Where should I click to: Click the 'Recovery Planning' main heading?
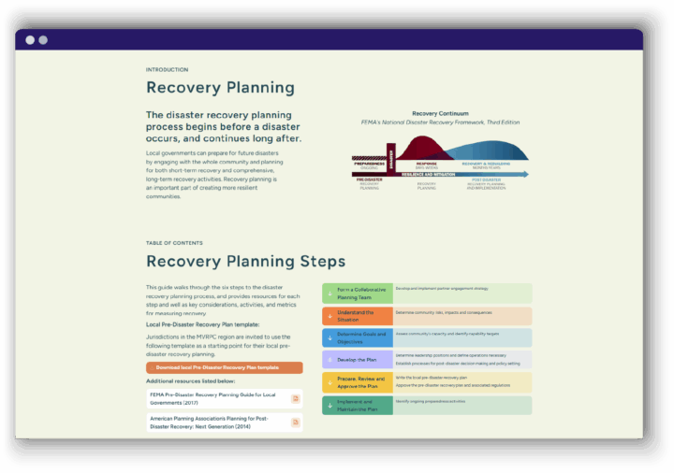(x=220, y=89)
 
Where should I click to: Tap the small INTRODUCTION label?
(x=167, y=69)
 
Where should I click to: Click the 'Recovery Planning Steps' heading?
(x=245, y=262)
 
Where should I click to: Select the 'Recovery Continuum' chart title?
(x=440, y=113)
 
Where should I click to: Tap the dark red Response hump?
(x=427, y=148)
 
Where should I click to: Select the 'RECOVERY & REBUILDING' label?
(x=485, y=163)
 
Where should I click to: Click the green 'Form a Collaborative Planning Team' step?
(x=358, y=293)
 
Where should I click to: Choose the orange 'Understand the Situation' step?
(x=358, y=316)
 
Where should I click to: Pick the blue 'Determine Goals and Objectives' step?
(x=358, y=337)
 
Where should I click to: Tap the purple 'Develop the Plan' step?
(x=358, y=360)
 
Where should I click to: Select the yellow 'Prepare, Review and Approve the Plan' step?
(x=358, y=382)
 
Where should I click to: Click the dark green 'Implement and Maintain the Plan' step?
(x=358, y=405)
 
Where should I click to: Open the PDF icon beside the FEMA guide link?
(x=296, y=398)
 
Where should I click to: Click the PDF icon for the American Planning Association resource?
(x=296, y=422)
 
